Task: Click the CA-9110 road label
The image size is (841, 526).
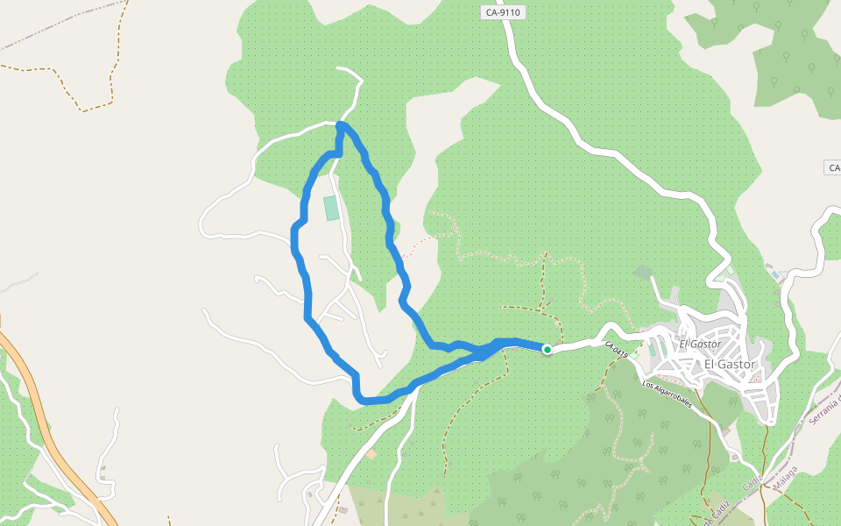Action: [502, 13]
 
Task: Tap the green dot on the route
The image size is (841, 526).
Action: [548, 349]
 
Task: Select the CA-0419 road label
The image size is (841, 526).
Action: [617, 349]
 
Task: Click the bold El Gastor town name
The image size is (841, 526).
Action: [730, 365]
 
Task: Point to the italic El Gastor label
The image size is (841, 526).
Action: [699, 345]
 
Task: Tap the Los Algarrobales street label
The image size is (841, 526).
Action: [668, 395]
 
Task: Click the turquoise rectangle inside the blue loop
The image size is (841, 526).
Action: [331, 208]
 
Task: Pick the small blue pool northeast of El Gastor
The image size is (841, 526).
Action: [774, 275]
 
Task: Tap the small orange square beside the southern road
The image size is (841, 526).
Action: [372, 454]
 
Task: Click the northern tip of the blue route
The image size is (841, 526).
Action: [341, 125]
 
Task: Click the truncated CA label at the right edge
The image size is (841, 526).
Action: [833, 167]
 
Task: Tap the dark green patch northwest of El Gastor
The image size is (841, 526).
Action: [644, 273]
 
